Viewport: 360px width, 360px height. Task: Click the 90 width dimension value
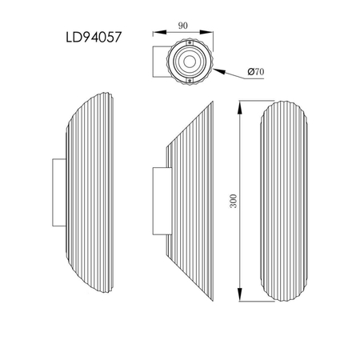(183, 25)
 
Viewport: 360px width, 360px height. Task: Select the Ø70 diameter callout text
(257, 72)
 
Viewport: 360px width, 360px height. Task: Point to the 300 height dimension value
(233, 202)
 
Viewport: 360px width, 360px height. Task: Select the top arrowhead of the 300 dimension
(241, 105)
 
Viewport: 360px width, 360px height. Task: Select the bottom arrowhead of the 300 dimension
(241, 300)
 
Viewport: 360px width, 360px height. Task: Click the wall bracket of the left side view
(58, 191)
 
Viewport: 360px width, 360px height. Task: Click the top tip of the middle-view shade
(217, 103)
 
